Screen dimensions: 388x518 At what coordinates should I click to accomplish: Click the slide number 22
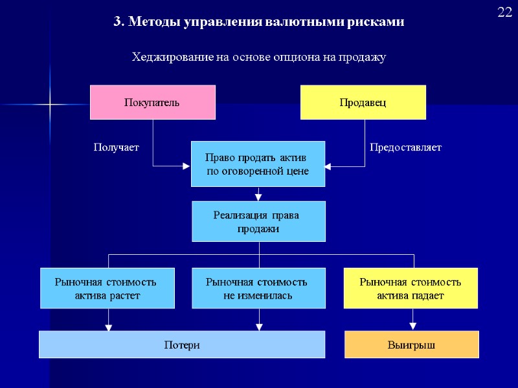[505, 12]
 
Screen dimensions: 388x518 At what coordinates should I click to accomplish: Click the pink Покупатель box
[152, 102]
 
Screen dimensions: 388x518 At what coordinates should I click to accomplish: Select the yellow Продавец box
[363, 102]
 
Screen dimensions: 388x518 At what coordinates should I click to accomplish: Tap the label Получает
[117, 147]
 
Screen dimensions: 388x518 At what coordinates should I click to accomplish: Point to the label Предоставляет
[405, 147]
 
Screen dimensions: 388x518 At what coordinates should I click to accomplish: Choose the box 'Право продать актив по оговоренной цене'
[258, 164]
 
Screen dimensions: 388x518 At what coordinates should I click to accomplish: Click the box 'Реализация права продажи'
[258, 221]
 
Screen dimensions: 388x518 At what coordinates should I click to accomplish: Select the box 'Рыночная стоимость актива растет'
[107, 288]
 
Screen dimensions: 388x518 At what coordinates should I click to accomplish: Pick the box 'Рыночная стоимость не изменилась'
[258, 288]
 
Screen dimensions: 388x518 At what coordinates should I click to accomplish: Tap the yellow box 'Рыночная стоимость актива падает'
[410, 288]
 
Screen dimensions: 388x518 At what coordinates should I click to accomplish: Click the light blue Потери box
[181, 345]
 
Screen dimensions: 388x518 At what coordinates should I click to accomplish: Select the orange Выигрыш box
[411, 345]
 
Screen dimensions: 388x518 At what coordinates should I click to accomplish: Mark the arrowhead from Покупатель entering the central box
[186, 167]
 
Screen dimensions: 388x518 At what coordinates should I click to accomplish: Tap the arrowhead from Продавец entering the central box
[328, 167]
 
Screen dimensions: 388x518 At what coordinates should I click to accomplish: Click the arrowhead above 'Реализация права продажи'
[258, 197]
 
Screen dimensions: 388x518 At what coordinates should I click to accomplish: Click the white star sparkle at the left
[50, 104]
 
